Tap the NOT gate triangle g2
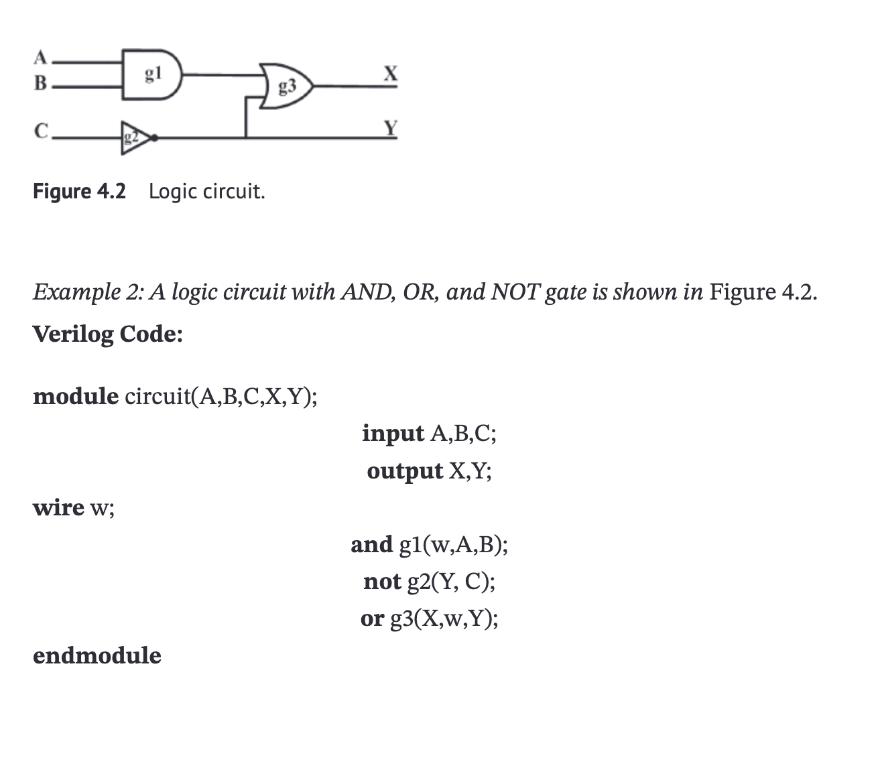click(132, 138)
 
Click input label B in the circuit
click(40, 84)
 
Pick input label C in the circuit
click(41, 131)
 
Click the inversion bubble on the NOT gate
click(155, 138)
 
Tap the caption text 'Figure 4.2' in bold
click(79, 192)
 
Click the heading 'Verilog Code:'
click(107, 333)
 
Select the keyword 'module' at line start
click(75, 396)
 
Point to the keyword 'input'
click(393, 434)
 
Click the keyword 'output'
click(405, 471)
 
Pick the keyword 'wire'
click(58, 508)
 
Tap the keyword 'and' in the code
click(371, 544)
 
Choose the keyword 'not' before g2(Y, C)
click(382, 581)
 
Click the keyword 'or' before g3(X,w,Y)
click(372, 619)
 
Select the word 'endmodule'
click(97, 655)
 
